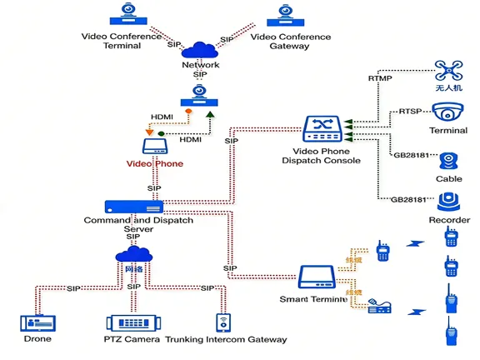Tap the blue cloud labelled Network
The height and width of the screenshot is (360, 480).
pyautogui.click(x=200, y=50)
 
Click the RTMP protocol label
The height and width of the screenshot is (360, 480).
pyautogui.click(x=379, y=78)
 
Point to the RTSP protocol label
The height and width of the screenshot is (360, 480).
pyautogui.click(x=409, y=111)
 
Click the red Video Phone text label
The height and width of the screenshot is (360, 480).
pyautogui.click(x=154, y=164)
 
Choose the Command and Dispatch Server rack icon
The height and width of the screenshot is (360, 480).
pyautogui.click(x=133, y=206)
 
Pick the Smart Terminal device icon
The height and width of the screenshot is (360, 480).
pyautogui.click(x=322, y=277)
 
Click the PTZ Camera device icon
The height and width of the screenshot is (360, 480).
pyautogui.click(x=130, y=323)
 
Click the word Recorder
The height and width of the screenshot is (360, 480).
pyautogui.click(x=449, y=220)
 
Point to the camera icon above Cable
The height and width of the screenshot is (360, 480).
pyautogui.click(x=448, y=162)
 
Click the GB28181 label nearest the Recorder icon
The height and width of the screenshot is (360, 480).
pyautogui.click(x=408, y=200)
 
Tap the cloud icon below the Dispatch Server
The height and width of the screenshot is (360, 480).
pyautogui.click(x=133, y=256)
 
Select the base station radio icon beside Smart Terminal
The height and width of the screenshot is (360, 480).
pyautogui.click(x=380, y=305)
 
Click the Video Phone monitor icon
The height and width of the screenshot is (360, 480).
pyautogui.click(x=155, y=147)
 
